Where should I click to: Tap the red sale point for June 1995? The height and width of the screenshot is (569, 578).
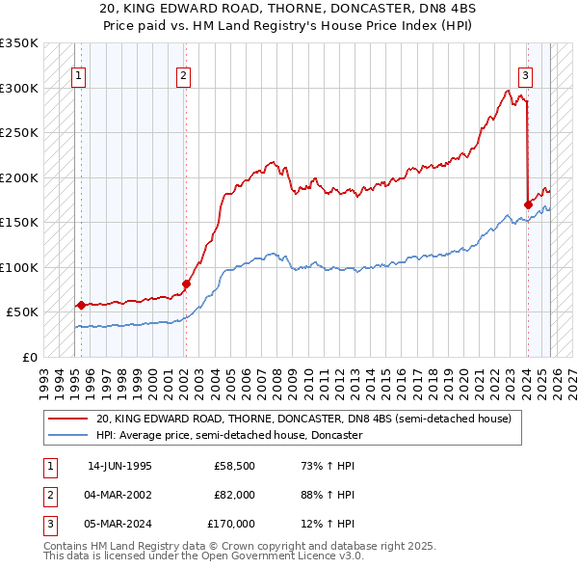point(81,305)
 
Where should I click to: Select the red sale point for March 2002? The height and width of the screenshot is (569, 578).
point(186,284)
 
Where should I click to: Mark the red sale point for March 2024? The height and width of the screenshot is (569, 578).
point(528,204)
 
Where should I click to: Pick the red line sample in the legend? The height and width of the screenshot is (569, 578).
point(68,420)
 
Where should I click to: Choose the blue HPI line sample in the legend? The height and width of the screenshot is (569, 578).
point(68,435)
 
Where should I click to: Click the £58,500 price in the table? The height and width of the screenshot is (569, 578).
point(235,466)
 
